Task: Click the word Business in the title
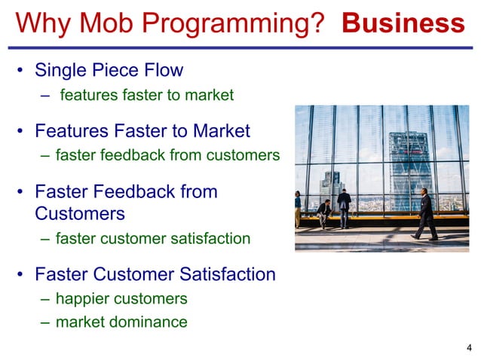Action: pyautogui.click(x=403, y=23)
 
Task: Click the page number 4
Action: pyautogui.click(x=470, y=347)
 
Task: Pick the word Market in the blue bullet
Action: pyautogui.click(x=221, y=131)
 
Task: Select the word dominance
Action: pyautogui.click(x=148, y=322)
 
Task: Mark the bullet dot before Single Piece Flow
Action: pyautogui.click(x=22, y=72)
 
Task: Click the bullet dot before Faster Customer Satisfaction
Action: pyautogui.click(x=22, y=275)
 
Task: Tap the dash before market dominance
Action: pyautogui.click(x=45, y=322)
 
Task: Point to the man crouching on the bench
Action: pyautogui.click(x=323, y=213)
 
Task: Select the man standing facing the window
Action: pyautogui.click(x=344, y=207)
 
